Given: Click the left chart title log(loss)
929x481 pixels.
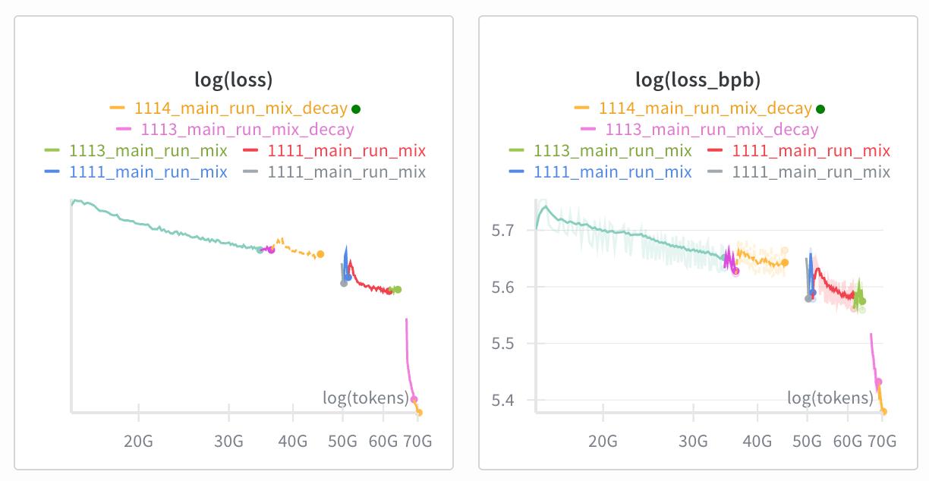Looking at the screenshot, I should (234, 80).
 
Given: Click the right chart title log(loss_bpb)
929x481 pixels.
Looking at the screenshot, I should (698, 80).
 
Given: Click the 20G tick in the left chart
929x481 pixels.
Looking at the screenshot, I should (139, 440).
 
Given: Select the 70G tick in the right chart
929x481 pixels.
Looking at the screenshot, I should (882, 440).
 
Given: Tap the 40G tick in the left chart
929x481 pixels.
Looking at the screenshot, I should (293, 440).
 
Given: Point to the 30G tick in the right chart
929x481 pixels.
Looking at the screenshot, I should (693, 440).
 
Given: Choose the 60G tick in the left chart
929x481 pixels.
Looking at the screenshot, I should (383, 440).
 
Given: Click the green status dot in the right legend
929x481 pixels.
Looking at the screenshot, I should (820, 108).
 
